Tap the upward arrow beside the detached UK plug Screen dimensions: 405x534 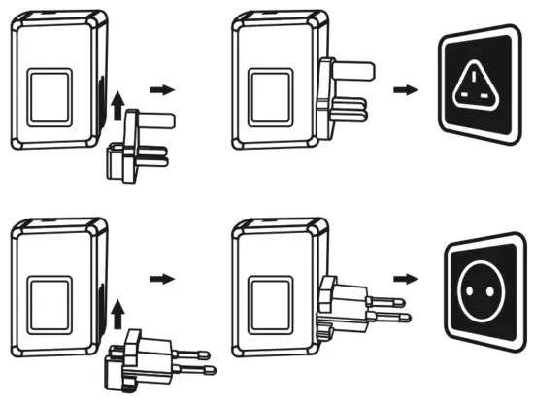click(x=117, y=104)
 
